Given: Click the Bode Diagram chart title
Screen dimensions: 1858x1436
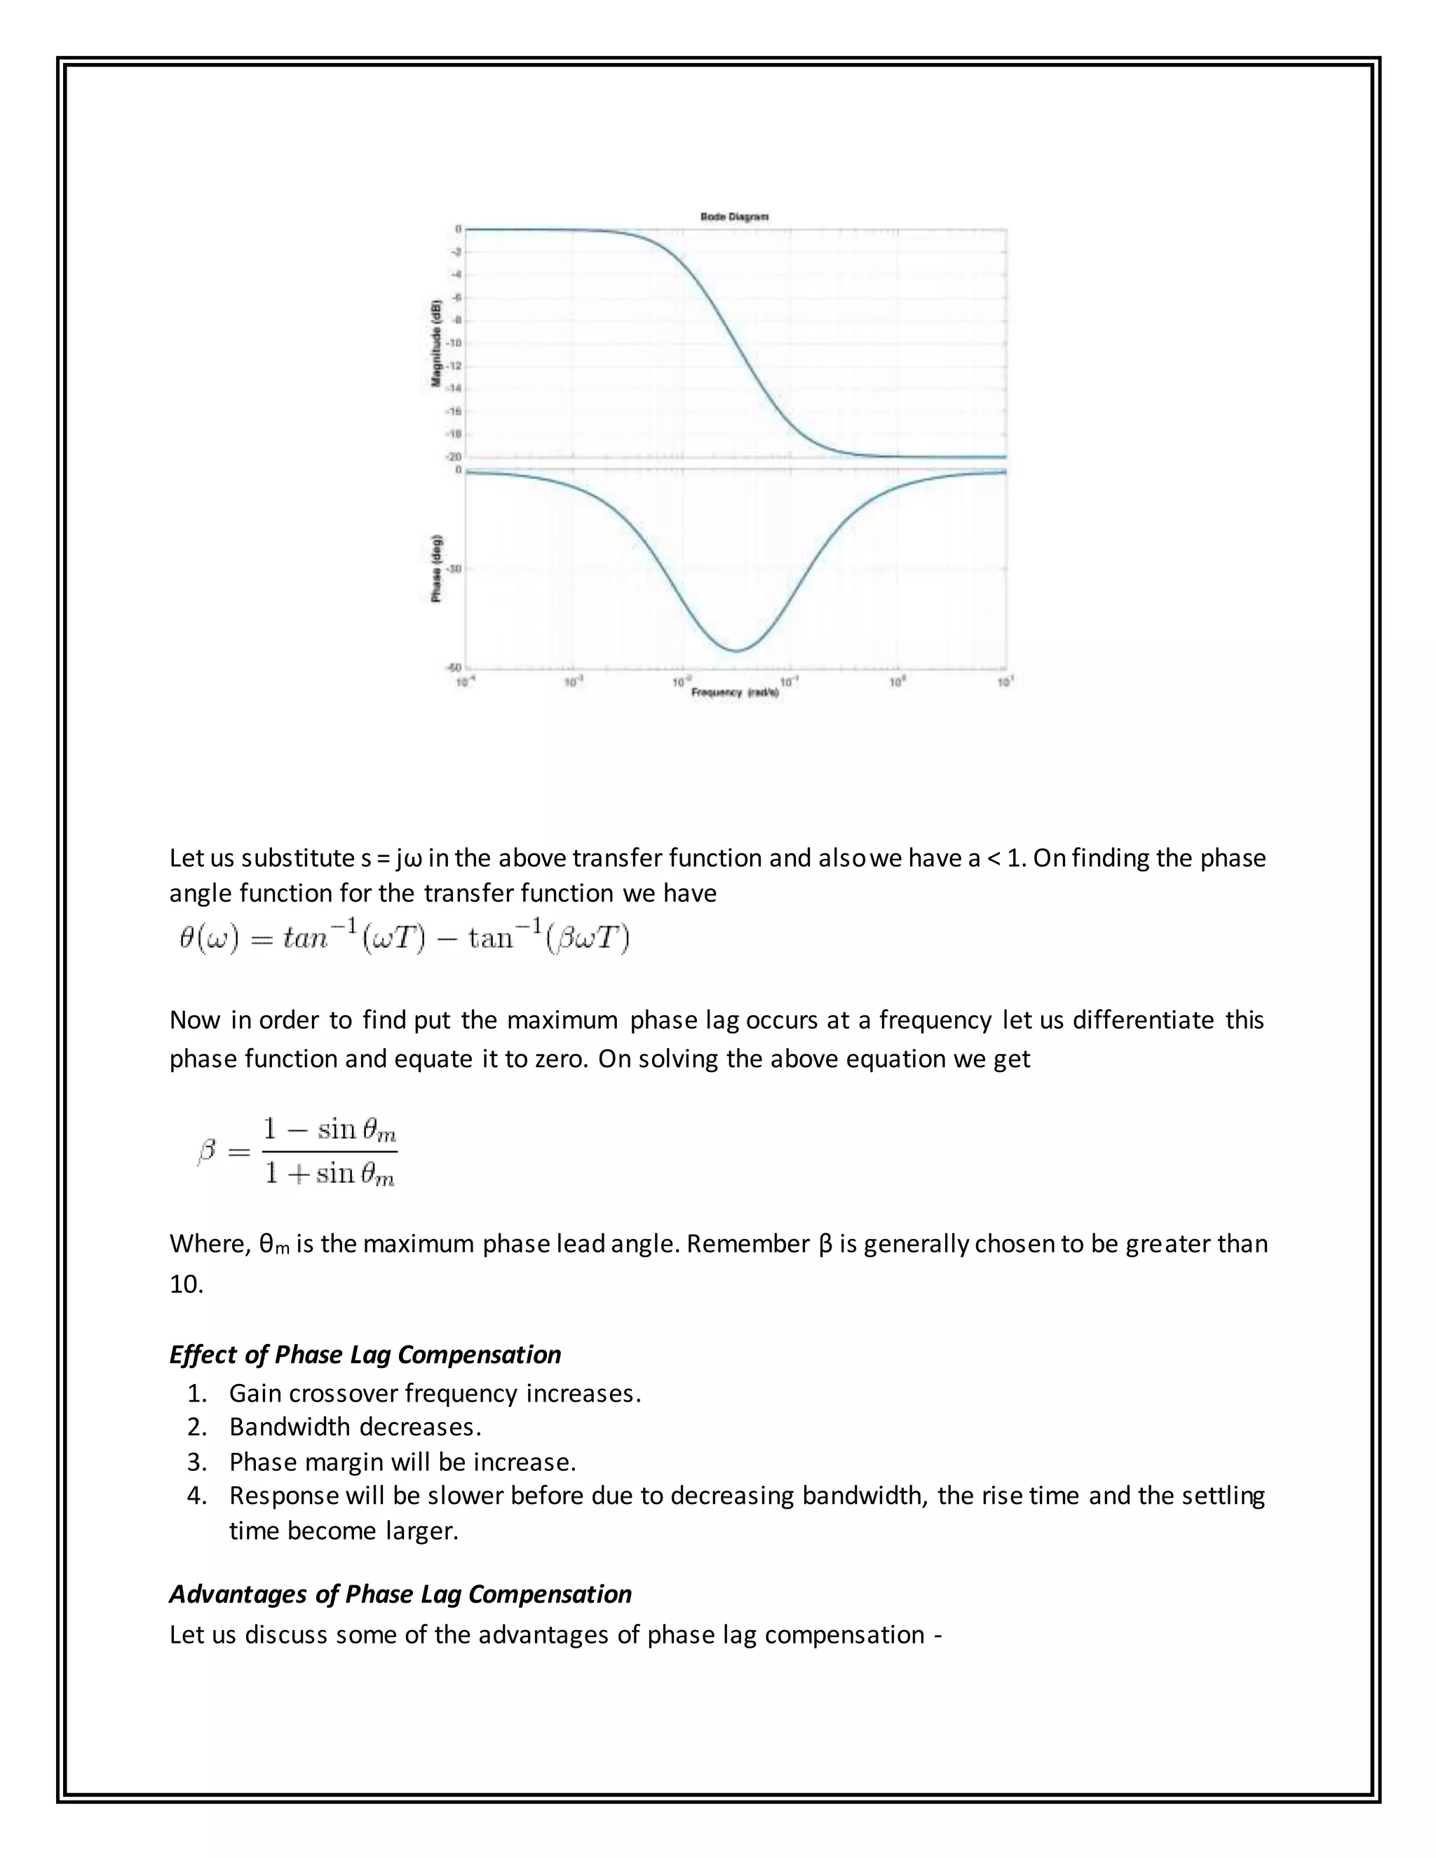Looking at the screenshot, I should (734, 217).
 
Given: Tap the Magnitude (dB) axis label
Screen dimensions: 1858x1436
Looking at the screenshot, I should (435, 344).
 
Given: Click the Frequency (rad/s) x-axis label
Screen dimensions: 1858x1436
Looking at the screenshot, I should (735, 693).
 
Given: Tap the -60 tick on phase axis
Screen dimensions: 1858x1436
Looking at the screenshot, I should (454, 667).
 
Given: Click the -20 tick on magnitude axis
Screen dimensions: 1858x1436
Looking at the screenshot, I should (454, 457).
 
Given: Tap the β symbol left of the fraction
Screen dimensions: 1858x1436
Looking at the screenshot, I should (207, 1152).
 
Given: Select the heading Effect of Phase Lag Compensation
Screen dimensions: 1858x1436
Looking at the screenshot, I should (365, 1355).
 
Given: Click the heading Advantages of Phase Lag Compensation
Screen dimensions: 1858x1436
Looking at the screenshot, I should (400, 1594).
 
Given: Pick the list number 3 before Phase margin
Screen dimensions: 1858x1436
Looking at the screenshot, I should (196, 1462).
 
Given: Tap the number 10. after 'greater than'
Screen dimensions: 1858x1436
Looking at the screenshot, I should (187, 1284).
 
